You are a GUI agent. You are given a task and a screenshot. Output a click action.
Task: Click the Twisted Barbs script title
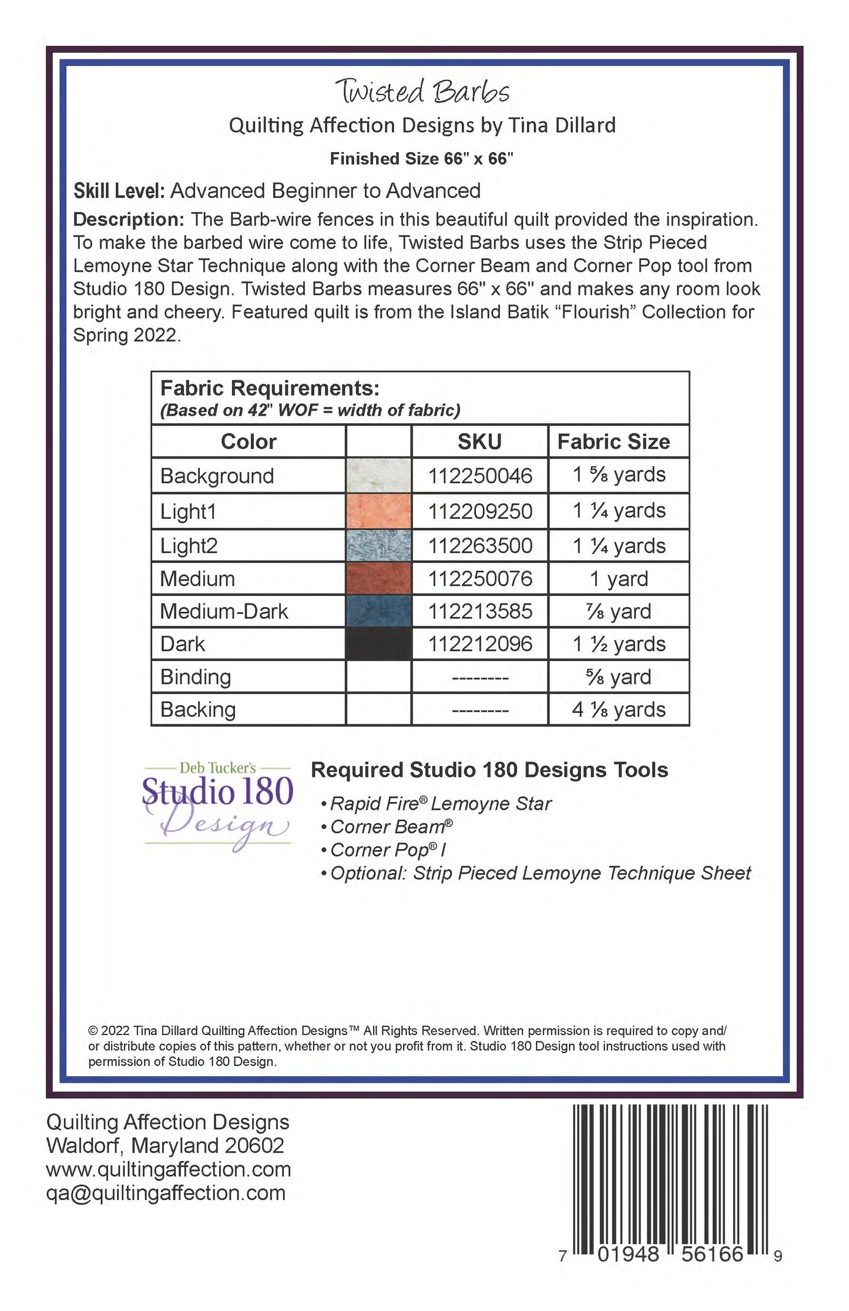(x=422, y=92)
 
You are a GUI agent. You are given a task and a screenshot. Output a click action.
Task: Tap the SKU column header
(x=479, y=442)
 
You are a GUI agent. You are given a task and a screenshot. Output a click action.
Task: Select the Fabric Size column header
(x=613, y=442)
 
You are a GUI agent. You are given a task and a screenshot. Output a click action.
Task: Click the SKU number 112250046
(x=479, y=476)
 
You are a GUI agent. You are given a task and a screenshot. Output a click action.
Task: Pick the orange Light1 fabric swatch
(x=378, y=511)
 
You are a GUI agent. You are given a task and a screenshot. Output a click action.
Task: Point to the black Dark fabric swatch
(x=378, y=644)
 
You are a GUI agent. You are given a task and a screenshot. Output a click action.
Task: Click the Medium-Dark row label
(x=224, y=612)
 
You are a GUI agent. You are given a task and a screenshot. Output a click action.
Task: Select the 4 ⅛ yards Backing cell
(x=619, y=710)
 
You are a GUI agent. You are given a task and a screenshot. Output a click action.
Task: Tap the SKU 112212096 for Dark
(x=479, y=644)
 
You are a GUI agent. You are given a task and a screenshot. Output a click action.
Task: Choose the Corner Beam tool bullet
(x=391, y=827)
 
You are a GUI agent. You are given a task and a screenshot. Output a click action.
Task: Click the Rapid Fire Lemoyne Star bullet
(x=440, y=803)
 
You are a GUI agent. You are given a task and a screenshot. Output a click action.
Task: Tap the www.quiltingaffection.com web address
(x=169, y=1169)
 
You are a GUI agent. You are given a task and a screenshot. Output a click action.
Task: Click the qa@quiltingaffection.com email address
(x=166, y=1192)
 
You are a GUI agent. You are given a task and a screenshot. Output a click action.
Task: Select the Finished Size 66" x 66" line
(x=421, y=159)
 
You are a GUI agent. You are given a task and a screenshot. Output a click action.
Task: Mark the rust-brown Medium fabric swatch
(x=378, y=579)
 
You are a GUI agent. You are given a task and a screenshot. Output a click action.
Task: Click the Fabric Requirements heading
(x=270, y=388)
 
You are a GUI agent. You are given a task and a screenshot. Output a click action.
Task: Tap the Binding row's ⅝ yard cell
(x=619, y=677)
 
